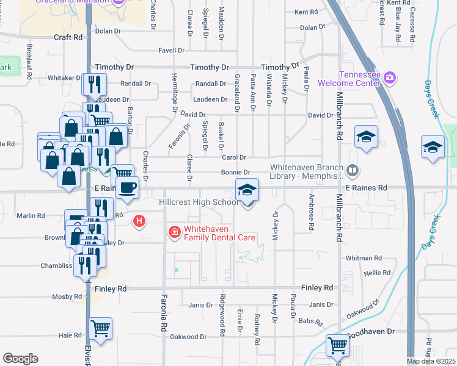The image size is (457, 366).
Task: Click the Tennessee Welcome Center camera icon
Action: point(390,79)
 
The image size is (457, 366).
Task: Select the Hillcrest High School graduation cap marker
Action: point(247,190)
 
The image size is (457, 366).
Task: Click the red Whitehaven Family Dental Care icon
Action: point(174,232)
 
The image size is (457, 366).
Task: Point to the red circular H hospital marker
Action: point(140,221)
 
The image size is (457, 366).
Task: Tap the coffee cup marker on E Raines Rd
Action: point(126,188)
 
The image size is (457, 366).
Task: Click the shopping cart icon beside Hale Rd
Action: point(101,329)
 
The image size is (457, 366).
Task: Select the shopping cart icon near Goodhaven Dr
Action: point(337,346)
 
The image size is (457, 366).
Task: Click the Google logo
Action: point(20,358)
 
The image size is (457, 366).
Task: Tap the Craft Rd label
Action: point(68,37)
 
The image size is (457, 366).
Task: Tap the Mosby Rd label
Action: point(68,297)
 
